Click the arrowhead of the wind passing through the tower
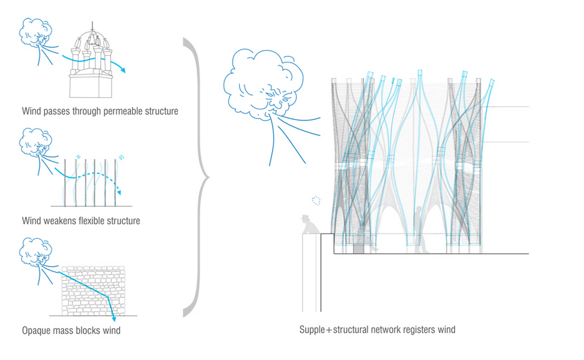(123, 71)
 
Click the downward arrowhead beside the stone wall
(112, 320)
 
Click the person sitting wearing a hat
(308, 226)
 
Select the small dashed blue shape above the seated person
(316, 201)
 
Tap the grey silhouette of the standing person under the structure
(426, 234)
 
